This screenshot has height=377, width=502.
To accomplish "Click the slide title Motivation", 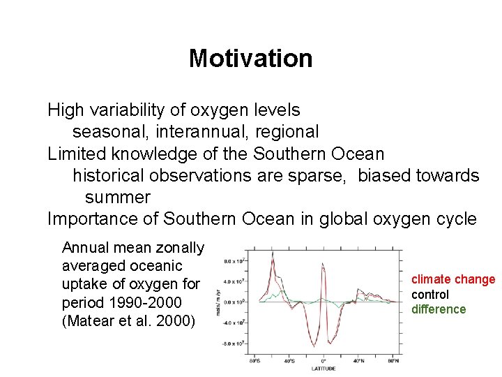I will (x=250, y=58).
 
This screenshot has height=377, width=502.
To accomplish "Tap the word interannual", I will (x=203, y=131).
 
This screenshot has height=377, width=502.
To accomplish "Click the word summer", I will (x=117, y=197).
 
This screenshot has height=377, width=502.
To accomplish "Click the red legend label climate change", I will (x=453, y=280).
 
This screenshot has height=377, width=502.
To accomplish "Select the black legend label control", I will (x=430, y=295).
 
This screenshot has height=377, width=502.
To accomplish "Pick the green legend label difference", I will (x=439, y=309).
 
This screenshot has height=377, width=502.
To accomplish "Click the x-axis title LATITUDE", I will (x=323, y=368).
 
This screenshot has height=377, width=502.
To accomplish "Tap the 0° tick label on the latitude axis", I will (x=323, y=360).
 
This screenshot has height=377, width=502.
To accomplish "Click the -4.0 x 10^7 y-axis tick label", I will (x=232, y=323).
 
